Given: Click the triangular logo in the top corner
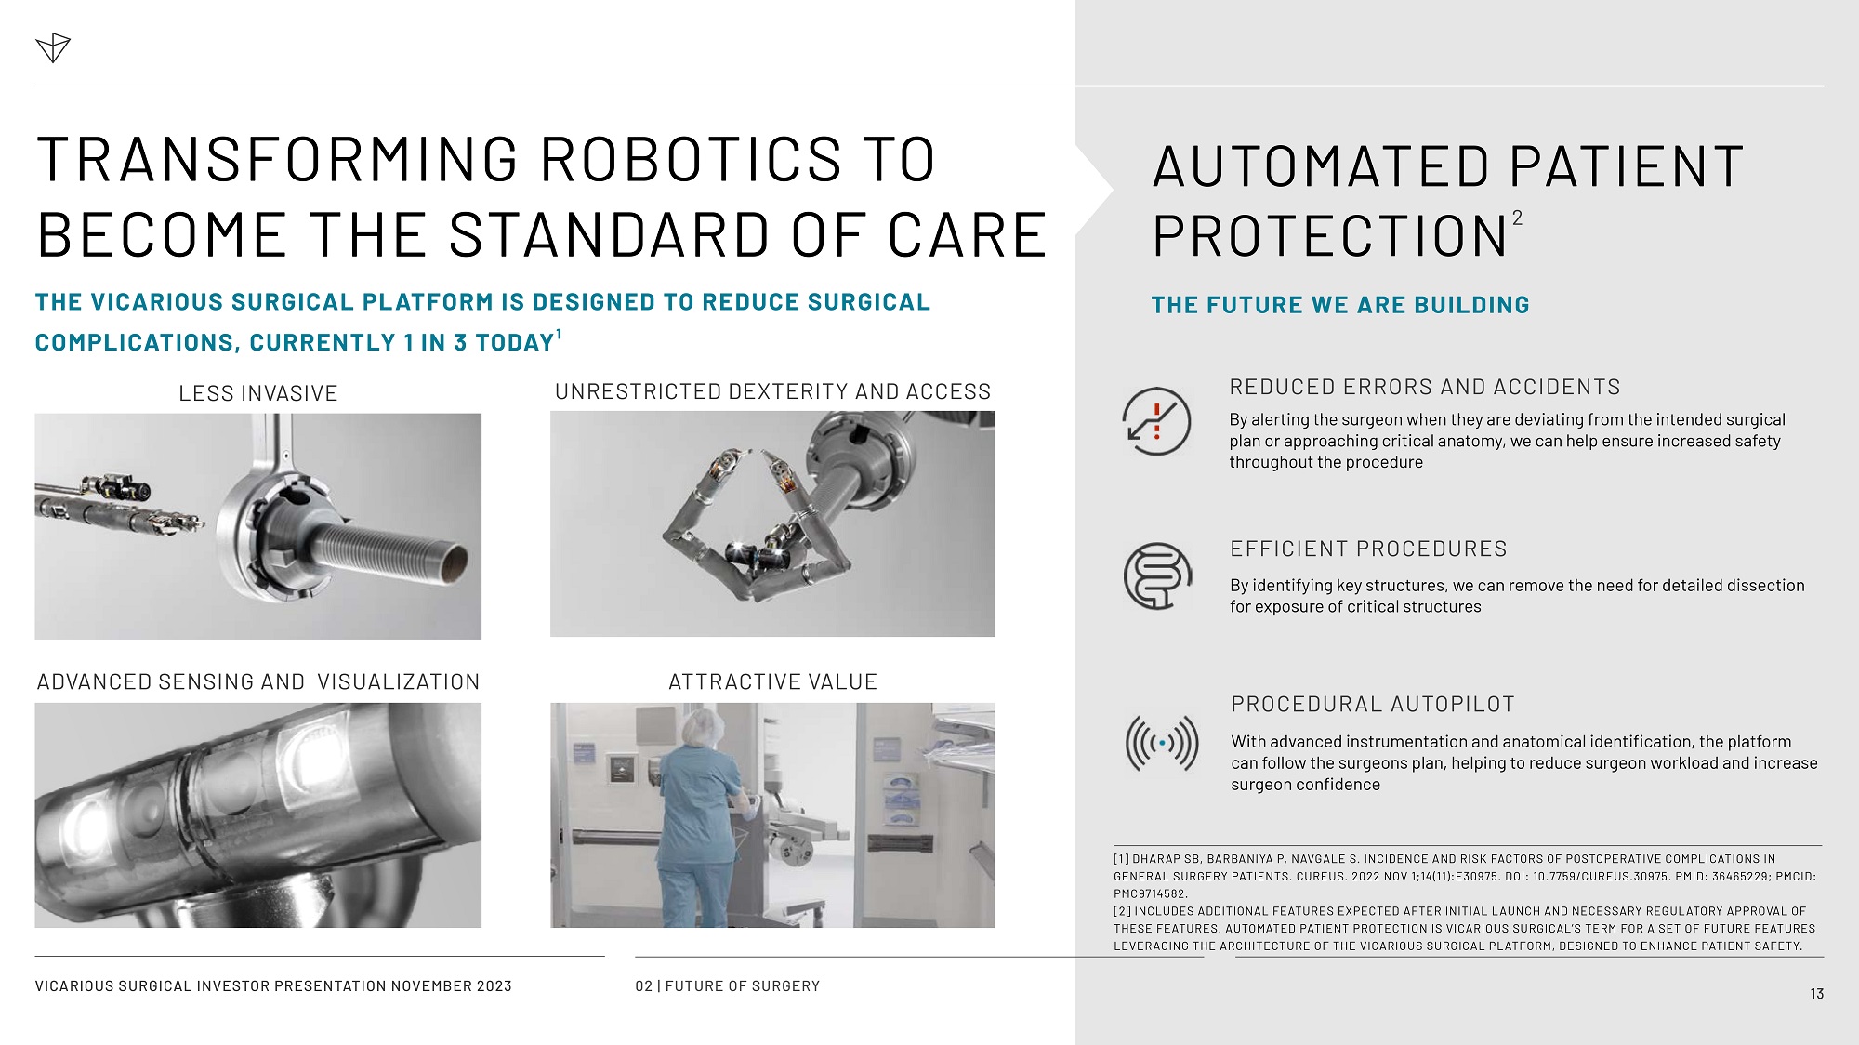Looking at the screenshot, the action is tap(53, 47).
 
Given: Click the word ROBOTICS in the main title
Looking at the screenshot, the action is tap(691, 160).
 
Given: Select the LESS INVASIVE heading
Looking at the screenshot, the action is tap(258, 393).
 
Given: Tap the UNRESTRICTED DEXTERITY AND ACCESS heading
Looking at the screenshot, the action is tap(772, 391).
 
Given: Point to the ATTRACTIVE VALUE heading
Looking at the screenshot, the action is tap(772, 681).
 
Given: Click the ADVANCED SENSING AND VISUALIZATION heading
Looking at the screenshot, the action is tap(258, 681).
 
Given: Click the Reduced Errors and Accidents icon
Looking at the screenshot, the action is tap(1156, 421).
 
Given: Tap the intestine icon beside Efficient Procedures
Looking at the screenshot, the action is tap(1157, 576).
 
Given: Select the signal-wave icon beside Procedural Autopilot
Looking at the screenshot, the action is tap(1162, 744).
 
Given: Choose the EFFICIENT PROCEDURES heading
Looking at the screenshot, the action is tap(1368, 549).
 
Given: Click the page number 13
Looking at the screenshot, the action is tap(1817, 994).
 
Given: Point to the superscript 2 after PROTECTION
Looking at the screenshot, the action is tap(1518, 218).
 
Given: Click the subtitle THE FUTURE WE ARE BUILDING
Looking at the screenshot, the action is tap(1340, 305).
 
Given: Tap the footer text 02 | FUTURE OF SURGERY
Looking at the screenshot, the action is tap(728, 985).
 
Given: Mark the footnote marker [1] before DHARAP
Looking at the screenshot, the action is tap(1121, 859).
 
